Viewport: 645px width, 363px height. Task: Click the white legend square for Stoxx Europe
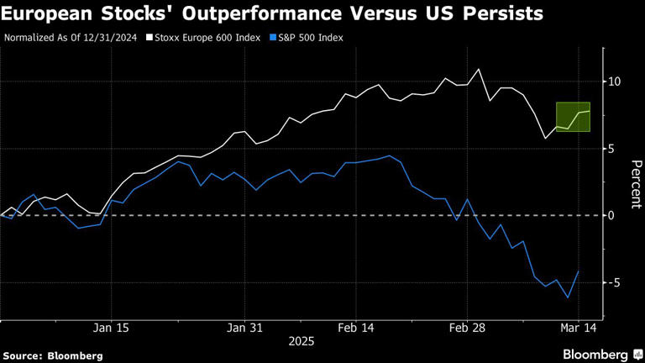tap(149, 38)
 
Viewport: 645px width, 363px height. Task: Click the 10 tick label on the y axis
tap(613, 82)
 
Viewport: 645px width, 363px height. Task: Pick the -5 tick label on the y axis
tap(614, 282)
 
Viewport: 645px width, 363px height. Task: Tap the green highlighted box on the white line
tap(573, 116)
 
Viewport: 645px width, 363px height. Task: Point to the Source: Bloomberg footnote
tap(53, 355)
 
